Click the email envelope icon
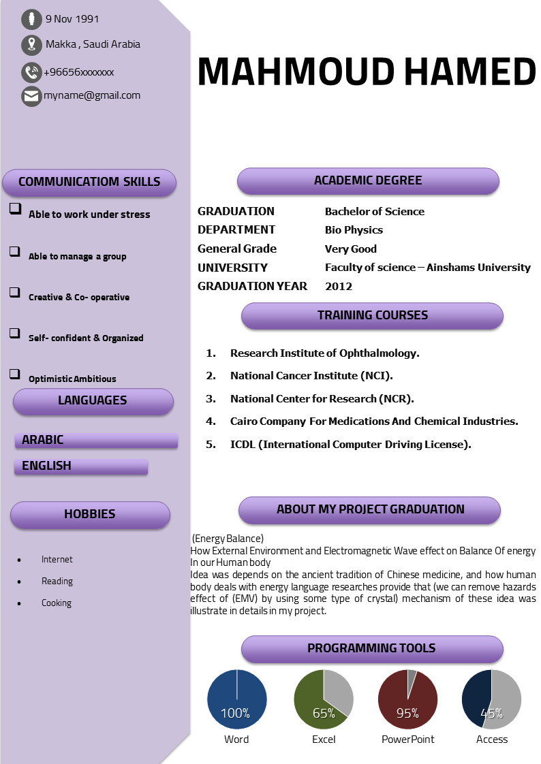point(31,96)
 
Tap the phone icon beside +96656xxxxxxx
point(31,72)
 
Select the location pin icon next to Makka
point(31,45)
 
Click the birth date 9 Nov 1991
point(72,19)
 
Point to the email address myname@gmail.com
point(92,95)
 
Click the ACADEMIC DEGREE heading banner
point(368,181)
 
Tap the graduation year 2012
point(339,287)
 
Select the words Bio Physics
point(354,230)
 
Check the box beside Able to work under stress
point(15,209)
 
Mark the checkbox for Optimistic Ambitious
point(15,374)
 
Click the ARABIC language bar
point(95,441)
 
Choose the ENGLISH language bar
point(80,466)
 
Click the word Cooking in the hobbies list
point(57,603)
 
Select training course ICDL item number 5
point(350,445)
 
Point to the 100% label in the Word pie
point(236,714)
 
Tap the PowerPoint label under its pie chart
point(407,739)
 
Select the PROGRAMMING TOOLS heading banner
point(371,649)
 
